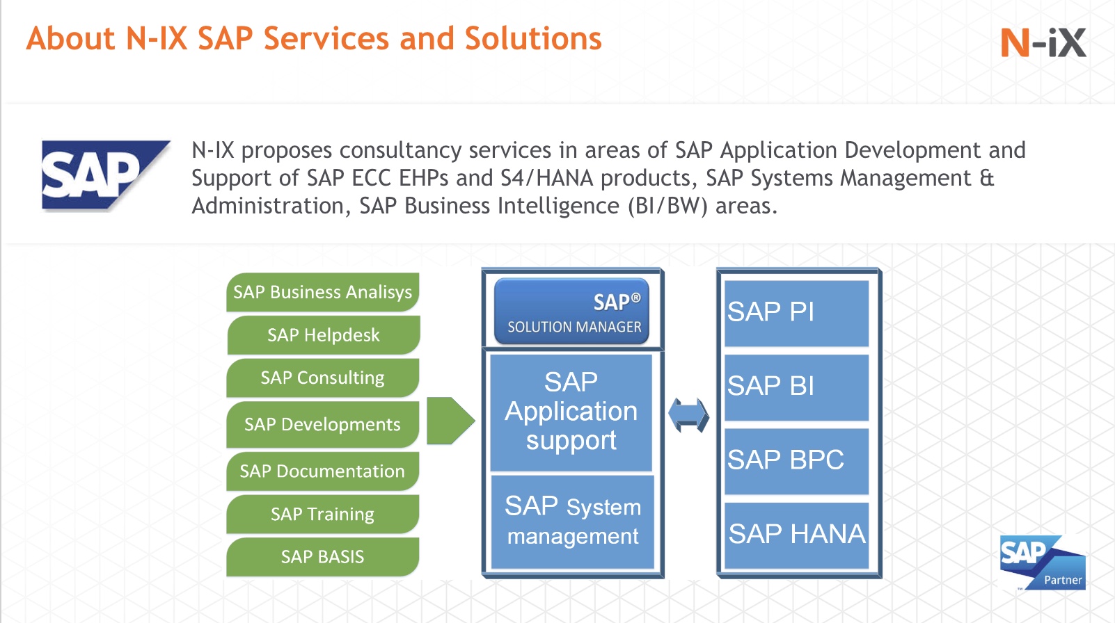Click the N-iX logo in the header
point(1043,43)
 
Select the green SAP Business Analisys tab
point(322,292)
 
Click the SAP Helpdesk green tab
point(323,335)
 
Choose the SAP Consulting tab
point(322,378)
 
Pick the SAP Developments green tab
point(322,424)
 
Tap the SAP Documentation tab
point(322,471)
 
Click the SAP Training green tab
point(322,514)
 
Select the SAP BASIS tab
point(322,557)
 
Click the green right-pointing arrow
point(450,421)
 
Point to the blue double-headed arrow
point(688,415)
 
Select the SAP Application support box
point(571,412)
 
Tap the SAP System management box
point(572,521)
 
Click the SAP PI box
point(796,313)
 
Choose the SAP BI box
point(796,387)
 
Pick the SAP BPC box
point(796,460)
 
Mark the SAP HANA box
point(796,535)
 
